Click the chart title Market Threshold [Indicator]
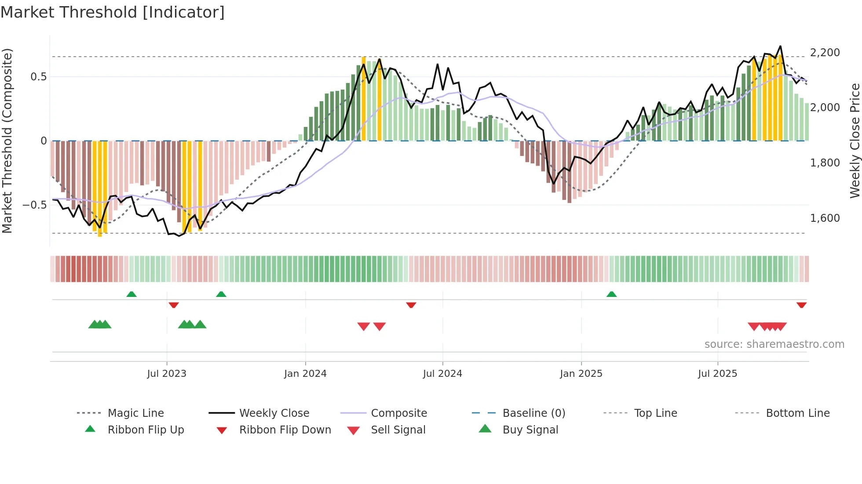point(113,12)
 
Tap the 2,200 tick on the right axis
point(825,53)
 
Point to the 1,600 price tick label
point(825,218)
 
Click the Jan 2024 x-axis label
point(305,374)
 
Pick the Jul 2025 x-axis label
point(717,374)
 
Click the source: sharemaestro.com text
point(774,344)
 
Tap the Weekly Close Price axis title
point(855,141)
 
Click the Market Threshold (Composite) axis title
point(7,141)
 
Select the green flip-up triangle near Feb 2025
point(611,294)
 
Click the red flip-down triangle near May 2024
point(411,305)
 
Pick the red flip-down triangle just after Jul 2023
point(174,305)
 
